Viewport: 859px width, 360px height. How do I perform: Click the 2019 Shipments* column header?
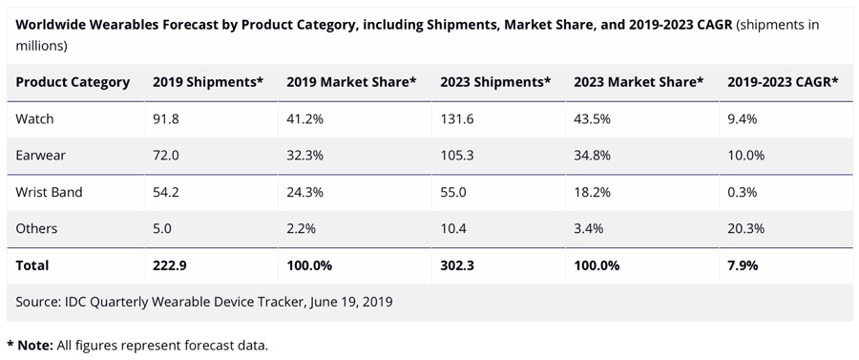point(208,82)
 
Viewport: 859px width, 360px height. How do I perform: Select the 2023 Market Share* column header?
point(639,82)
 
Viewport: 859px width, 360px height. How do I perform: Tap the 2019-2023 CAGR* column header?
point(783,82)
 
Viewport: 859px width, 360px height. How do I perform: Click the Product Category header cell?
point(73,82)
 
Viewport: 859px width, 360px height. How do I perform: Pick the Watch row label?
point(35,119)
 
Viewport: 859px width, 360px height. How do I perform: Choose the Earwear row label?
point(41,156)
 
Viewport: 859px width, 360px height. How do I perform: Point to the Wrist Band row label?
point(50,192)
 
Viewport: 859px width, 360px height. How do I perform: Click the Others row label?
point(37,228)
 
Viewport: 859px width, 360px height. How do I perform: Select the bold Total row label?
point(32,265)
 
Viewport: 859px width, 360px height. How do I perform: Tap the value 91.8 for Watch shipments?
point(167,119)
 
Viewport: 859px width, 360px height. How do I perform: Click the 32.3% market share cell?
point(305,156)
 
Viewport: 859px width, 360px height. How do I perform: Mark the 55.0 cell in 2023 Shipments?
point(453,192)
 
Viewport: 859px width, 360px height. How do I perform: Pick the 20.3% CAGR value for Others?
point(745,228)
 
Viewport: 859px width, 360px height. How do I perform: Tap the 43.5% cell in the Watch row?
point(592,119)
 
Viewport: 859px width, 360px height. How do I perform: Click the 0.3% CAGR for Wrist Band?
point(742,192)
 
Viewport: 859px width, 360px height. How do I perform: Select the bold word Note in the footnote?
point(35,345)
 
